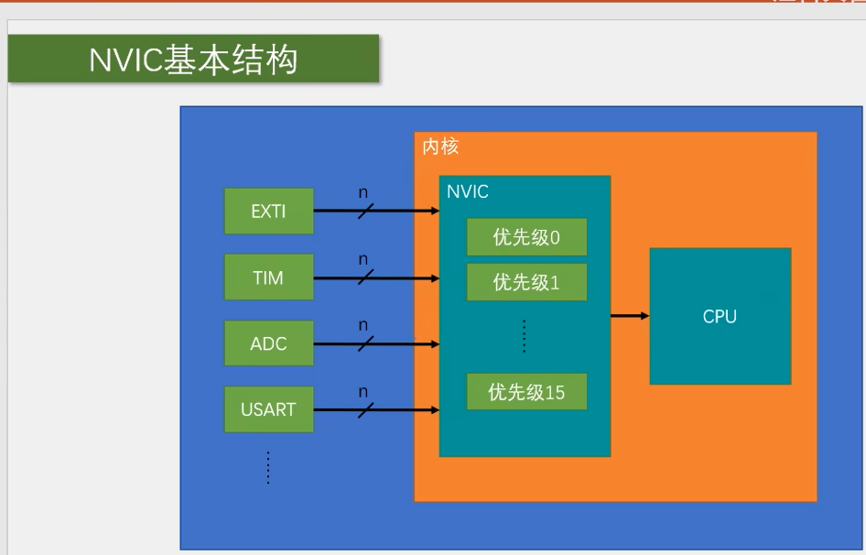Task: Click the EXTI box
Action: (269, 212)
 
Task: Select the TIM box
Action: (269, 277)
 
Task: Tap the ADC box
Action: (269, 343)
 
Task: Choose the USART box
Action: (269, 409)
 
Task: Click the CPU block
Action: (720, 316)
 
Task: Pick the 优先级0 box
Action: (527, 237)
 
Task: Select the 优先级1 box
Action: (527, 282)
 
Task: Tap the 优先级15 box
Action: (527, 392)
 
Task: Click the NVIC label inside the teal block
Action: (468, 191)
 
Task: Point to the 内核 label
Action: (440, 147)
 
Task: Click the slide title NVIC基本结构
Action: (193, 60)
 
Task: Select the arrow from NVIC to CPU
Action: (630, 316)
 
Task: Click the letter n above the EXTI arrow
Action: (363, 193)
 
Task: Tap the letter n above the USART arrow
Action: (363, 392)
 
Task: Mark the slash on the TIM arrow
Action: (365, 277)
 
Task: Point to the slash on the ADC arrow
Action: (365, 343)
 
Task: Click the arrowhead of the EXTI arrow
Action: (435, 211)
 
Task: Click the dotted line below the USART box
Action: (268, 468)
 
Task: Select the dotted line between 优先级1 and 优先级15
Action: (525, 336)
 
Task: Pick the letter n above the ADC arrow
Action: (363, 326)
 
